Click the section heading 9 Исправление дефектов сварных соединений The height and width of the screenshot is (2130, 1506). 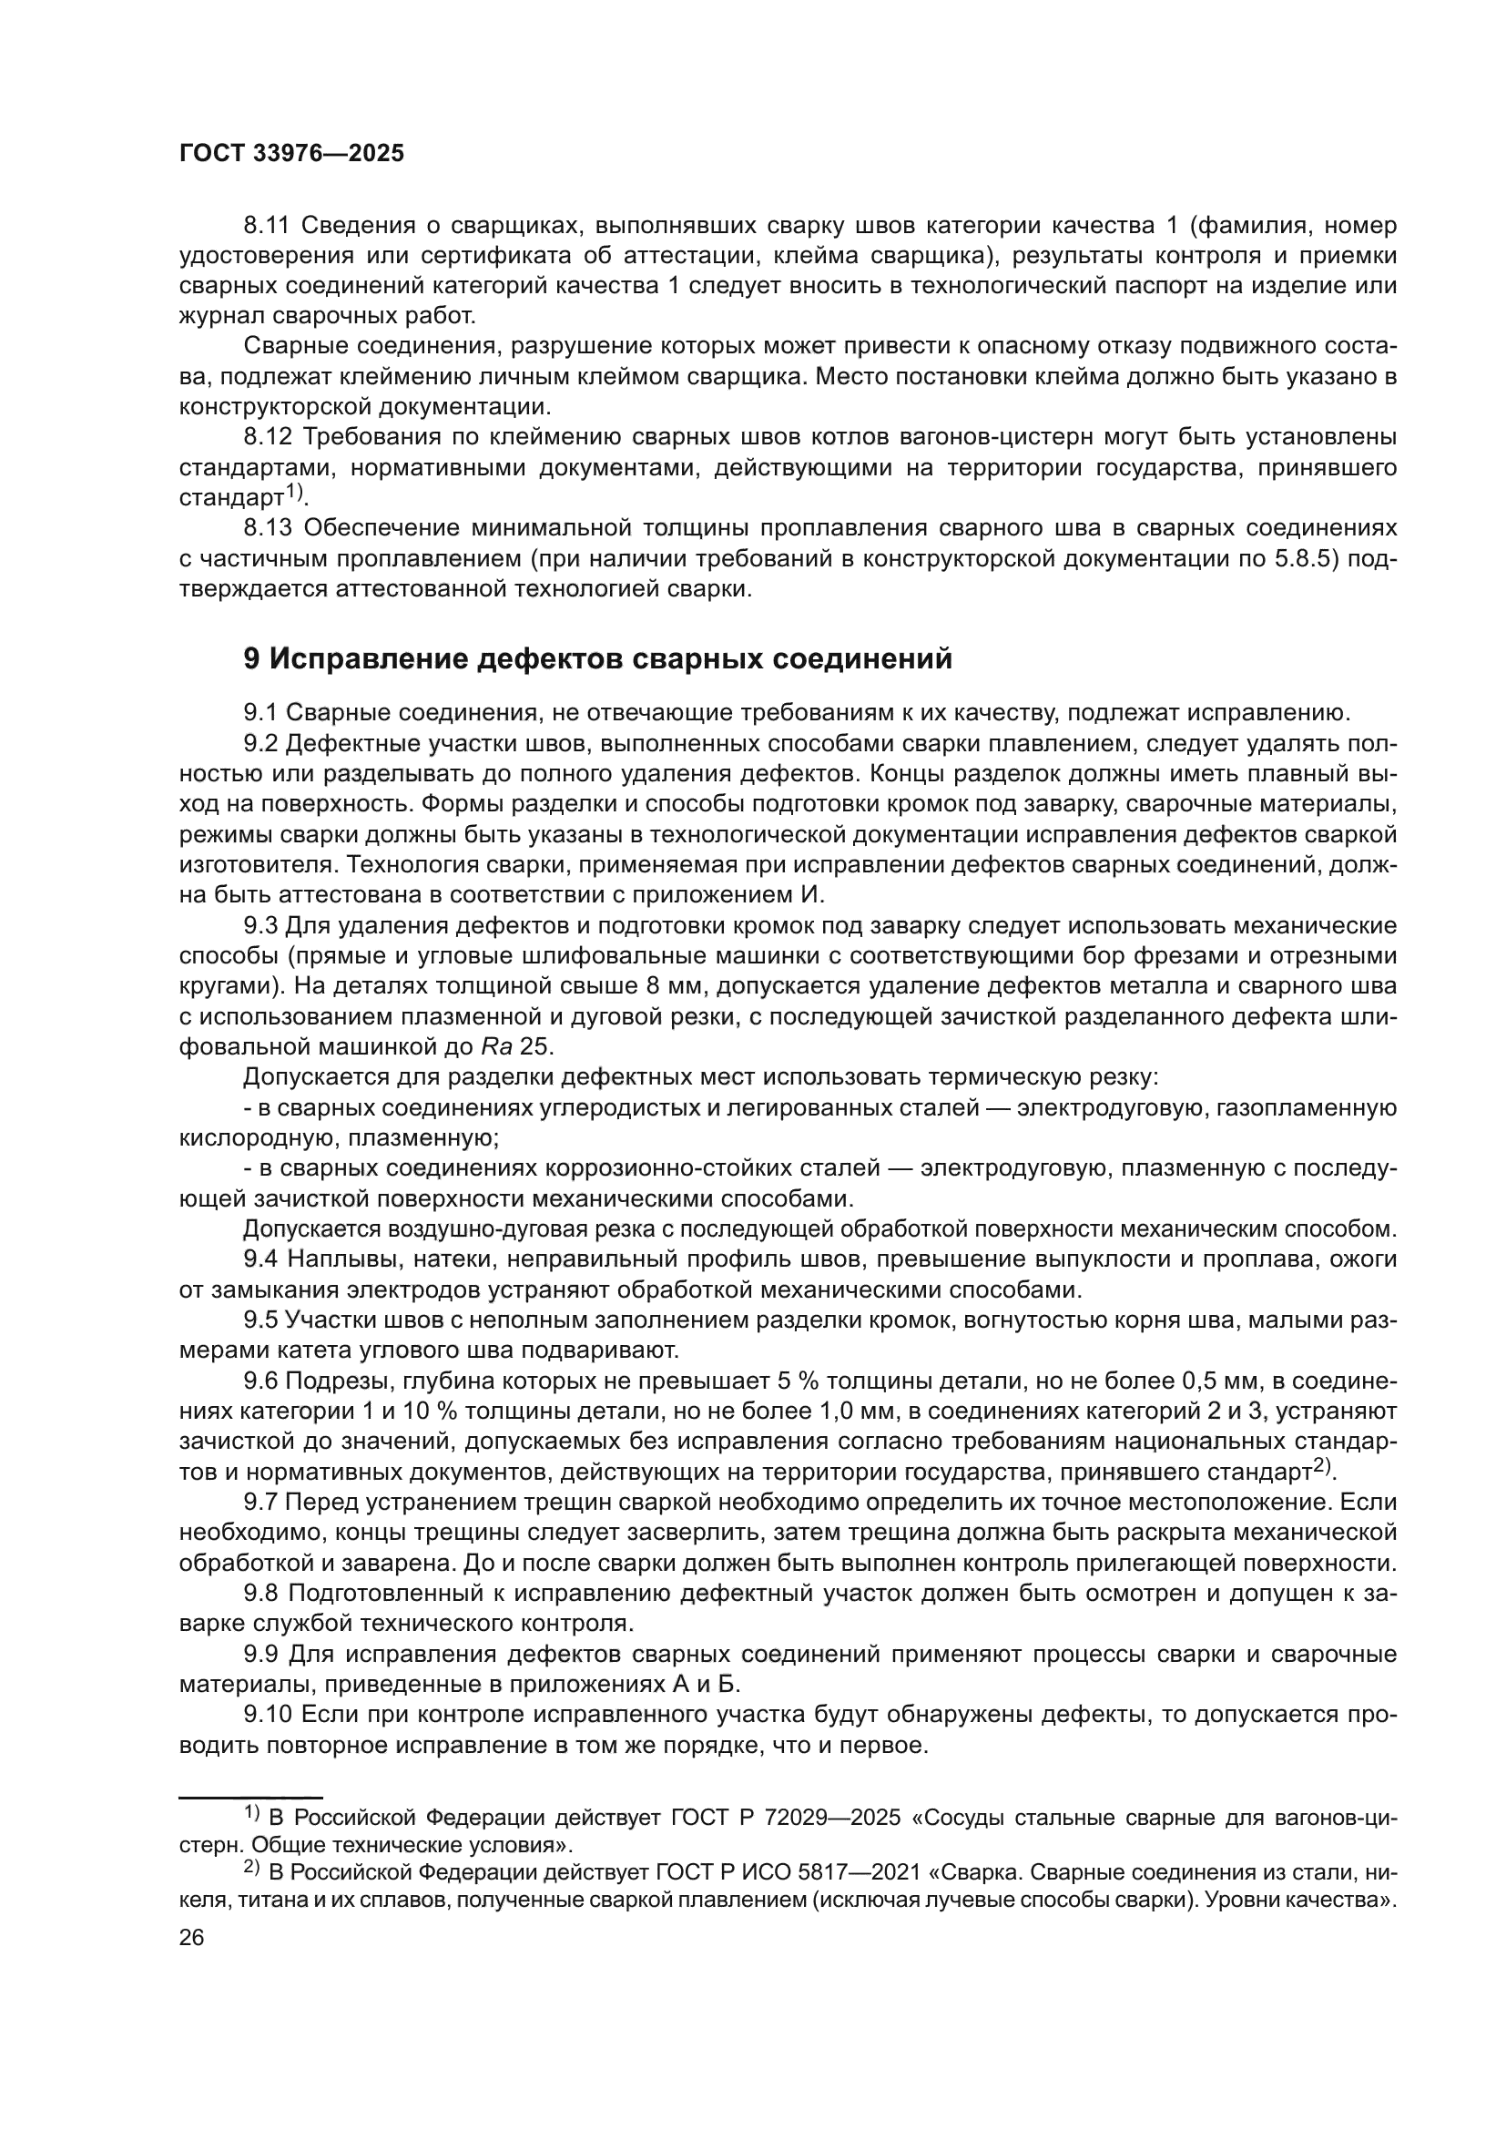tap(597, 658)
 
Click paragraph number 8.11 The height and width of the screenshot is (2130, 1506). tap(267, 226)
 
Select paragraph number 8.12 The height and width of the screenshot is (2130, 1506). tap(268, 437)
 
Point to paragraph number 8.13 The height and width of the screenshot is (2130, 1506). tap(268, 528)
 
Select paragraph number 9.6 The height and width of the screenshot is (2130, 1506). tap(260, 1381)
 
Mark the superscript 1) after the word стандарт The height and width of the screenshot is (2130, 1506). tap(294, 491)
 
